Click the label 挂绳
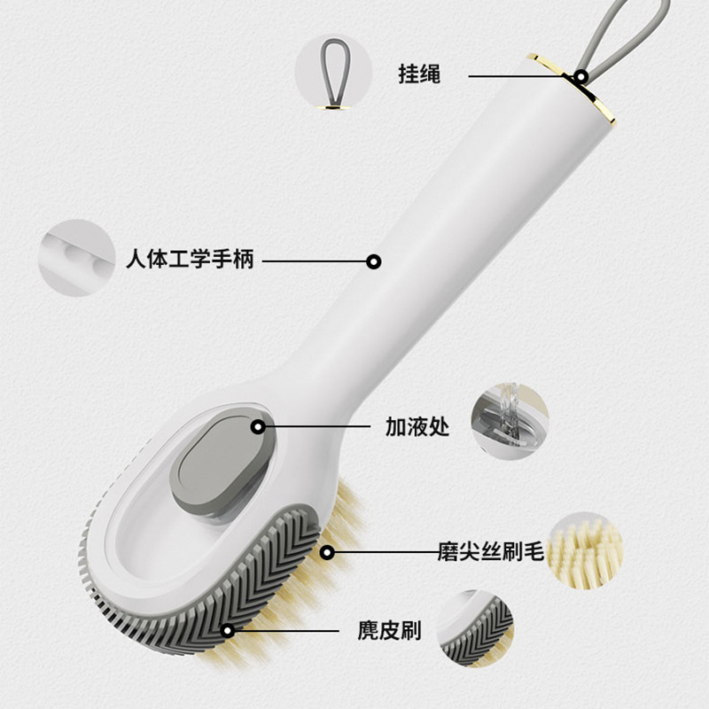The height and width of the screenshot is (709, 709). click(419, 74)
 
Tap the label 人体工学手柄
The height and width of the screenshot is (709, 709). click(190, 261)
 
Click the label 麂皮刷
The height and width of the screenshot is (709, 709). click(389, 631)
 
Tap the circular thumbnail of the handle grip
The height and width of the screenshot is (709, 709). click(75, 258)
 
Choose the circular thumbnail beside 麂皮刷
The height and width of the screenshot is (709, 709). click(474, 629)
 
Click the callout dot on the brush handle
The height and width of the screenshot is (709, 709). click(374, 261)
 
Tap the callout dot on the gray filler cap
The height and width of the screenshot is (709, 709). click(258, 426)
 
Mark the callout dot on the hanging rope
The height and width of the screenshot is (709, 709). click(581, 76)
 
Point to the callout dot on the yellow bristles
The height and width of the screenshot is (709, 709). click(327, 552)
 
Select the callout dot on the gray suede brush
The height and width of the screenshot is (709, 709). click(229, 631)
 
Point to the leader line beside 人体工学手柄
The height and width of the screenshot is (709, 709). click(314, 261)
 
